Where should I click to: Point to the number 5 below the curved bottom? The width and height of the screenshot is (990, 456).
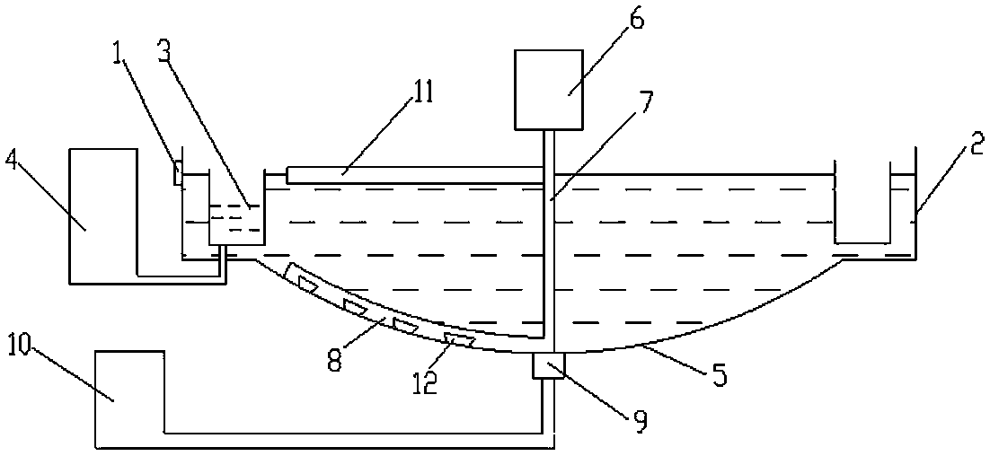pyautogui.click(x=718, y=373)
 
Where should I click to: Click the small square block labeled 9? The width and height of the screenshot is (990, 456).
pyautogui.click(x=547, y=365)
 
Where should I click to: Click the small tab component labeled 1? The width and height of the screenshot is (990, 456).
pyautogui.click(x=179, y=171)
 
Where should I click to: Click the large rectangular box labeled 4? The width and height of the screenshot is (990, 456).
pyautogui.click(x=103, y=215)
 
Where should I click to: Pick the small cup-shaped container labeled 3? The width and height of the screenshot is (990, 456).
pyautogui.click(x=236, y=220)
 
